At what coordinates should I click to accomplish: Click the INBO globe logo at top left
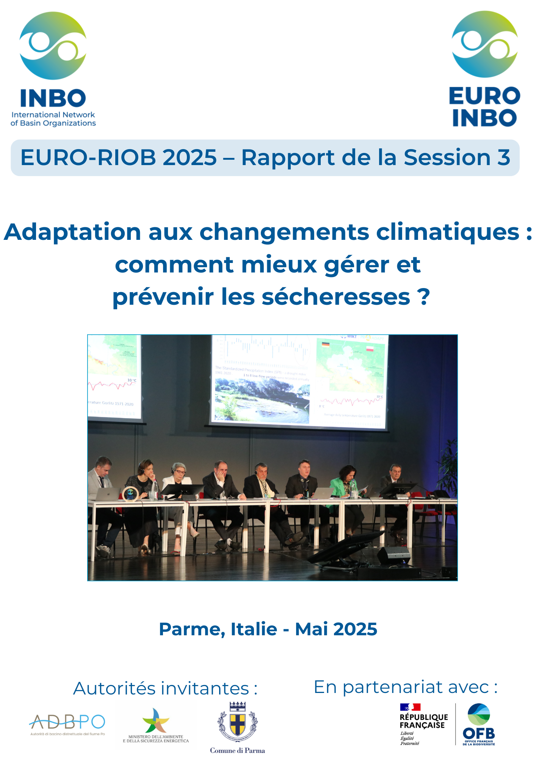tap(53, 46)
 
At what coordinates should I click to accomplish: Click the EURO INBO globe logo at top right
tap(484, 44)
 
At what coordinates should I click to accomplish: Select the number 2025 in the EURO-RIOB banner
tap(190, 157)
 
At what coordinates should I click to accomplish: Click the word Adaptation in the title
tap(72, 232)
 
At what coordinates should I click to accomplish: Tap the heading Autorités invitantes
tap(165, 688)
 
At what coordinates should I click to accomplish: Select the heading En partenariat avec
tap(406, 687)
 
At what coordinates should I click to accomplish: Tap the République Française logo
tap(423, 724)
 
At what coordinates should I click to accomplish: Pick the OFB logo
tap(479, 724)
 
